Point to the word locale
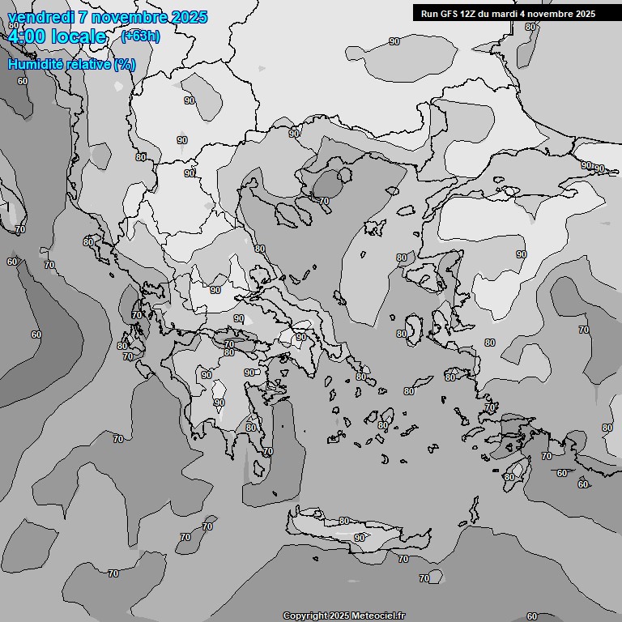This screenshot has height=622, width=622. (79, 36)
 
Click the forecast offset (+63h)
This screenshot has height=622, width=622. (140, 36)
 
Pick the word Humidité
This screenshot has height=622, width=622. (36, 64)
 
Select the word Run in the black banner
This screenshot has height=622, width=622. (429, 13)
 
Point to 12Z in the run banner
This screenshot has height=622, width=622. (471, 13)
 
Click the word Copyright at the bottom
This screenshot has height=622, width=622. (305, 616)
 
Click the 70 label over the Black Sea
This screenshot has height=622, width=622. (324, 200)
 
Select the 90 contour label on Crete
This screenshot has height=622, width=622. (359, 538)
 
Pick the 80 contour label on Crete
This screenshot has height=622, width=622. (344, 521)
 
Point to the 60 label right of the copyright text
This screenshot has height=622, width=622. (531, 616)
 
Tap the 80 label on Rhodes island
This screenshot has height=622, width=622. (509, 477)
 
